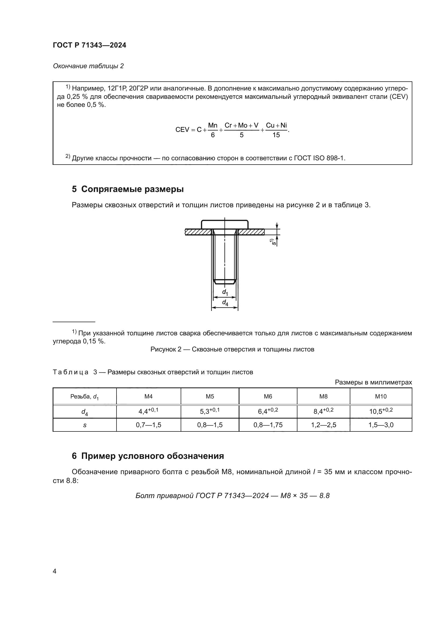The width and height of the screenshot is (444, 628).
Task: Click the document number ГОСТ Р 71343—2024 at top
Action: click(89, 45)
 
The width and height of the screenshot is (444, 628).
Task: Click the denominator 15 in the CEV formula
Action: click(276, 135)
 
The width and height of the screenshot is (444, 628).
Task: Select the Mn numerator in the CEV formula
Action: click(212, 126)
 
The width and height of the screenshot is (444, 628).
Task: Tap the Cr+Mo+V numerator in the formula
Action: click(241, 126)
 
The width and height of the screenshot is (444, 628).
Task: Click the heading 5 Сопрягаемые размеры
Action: click(128, 189)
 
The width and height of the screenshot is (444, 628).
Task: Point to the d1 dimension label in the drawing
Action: click(225, 292)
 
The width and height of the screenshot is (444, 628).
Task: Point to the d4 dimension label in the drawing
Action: click(225, 303)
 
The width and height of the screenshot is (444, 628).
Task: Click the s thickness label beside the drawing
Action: click(272, 242)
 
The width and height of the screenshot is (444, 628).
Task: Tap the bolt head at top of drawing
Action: click(225, 224)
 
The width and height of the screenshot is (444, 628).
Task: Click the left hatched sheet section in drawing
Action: click(198, 232)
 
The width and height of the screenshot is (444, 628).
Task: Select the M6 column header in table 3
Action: click(268, 396)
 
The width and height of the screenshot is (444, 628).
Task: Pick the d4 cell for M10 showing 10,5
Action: click(381, 411)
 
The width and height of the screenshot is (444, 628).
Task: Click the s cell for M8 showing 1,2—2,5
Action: click(323, 425)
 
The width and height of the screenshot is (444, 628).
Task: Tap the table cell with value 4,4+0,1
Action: click(148, 411)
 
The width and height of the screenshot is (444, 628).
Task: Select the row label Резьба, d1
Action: click(85, 396)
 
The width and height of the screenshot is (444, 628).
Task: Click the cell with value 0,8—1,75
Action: click(268, 425)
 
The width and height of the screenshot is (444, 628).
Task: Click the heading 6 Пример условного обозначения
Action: click(148, 456)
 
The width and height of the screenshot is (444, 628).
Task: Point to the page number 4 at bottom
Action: click(54, 571)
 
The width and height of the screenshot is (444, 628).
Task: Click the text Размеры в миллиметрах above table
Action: click(373, 382)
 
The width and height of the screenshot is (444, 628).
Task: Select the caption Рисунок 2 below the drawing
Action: click(232, 349)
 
